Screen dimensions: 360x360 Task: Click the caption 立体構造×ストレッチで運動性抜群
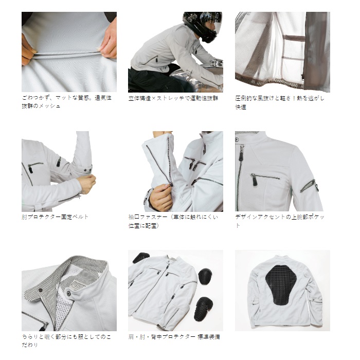(x=173, y=99)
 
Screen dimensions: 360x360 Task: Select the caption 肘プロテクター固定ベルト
(x=55, y=217)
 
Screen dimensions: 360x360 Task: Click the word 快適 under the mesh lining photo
(x=241, y=107)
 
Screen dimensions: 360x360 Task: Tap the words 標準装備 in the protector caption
(x=209, y=337)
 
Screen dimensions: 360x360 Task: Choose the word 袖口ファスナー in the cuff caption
(x=148, y=217)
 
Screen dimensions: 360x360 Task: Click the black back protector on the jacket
(x=281, y=284)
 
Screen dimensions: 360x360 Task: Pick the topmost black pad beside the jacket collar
(x=141, y=258)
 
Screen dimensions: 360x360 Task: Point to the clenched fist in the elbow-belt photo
(x=86, y=184)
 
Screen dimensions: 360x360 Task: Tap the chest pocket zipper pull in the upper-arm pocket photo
(x=255, y=181)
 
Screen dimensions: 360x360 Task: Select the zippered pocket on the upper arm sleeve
(x=309, y=186)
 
